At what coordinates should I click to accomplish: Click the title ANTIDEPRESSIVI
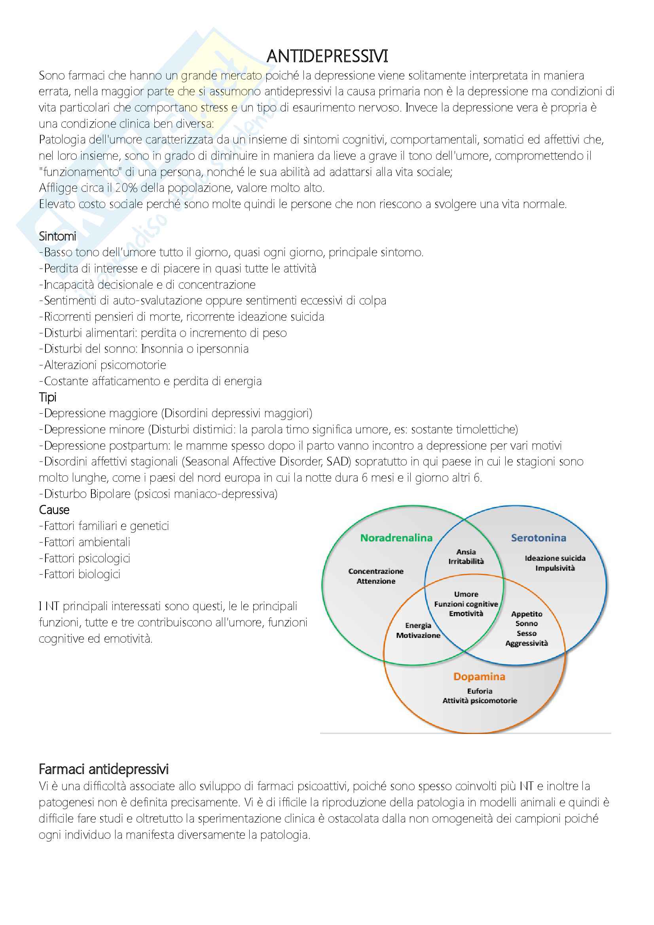(327, 57)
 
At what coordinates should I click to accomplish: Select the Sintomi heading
(57, 236)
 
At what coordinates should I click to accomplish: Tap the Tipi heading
(47, 397)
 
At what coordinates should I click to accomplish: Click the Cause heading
(54, 510)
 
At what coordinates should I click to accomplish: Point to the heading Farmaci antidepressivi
(104, 769)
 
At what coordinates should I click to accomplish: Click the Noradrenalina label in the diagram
(396, 538)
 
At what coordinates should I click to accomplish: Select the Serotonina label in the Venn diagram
(538, 538)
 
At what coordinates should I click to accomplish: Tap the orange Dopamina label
(479, 676)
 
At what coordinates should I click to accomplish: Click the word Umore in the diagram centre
(466, 594)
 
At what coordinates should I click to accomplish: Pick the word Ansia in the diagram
(466, 552)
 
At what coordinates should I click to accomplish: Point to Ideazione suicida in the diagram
(555, 558)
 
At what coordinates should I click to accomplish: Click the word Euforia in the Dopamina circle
(480, 691)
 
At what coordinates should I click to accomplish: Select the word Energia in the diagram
(418, 626)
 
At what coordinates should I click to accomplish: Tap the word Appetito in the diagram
(527, 614)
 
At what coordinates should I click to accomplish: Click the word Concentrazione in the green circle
(375, 571)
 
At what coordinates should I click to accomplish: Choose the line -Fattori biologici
(80, 574)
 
